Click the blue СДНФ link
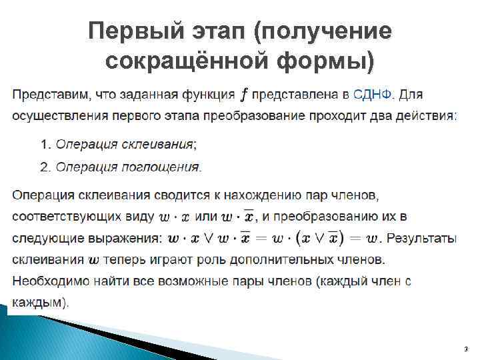(373, 95)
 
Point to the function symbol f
(245, 95)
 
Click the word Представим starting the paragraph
(47, 95)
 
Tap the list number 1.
(45, 144)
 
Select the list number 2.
(45, 167)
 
